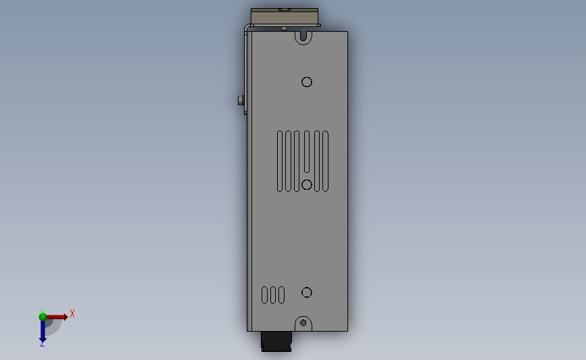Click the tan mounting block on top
coord(285,17)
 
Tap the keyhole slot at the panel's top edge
coord(303,38)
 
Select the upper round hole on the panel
coord(307,82)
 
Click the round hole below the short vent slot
coord(307,184)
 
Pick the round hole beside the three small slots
coord(307,292)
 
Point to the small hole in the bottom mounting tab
coord(303,323)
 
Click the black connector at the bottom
coord(276,341)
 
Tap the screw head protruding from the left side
coord(241,101)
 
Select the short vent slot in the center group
coord(307,151)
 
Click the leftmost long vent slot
coord(280,161)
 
